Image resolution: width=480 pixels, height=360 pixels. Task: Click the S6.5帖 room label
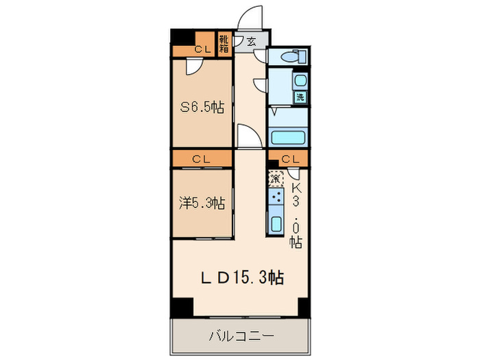[x=202, y=107]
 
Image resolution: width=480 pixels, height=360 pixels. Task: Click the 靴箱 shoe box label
[x=224, y=45]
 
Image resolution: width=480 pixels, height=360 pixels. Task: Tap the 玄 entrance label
[x=251, y=41]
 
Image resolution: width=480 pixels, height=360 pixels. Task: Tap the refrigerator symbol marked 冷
[x=276, y=178]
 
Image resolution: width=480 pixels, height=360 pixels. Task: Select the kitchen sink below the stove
[x=276, y=224]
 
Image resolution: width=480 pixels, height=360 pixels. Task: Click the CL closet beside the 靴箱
[x=202, y=49]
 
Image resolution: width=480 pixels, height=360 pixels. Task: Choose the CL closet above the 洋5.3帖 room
[x=202, y=159]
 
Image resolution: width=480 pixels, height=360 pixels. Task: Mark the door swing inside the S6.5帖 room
[x=193, y=67]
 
